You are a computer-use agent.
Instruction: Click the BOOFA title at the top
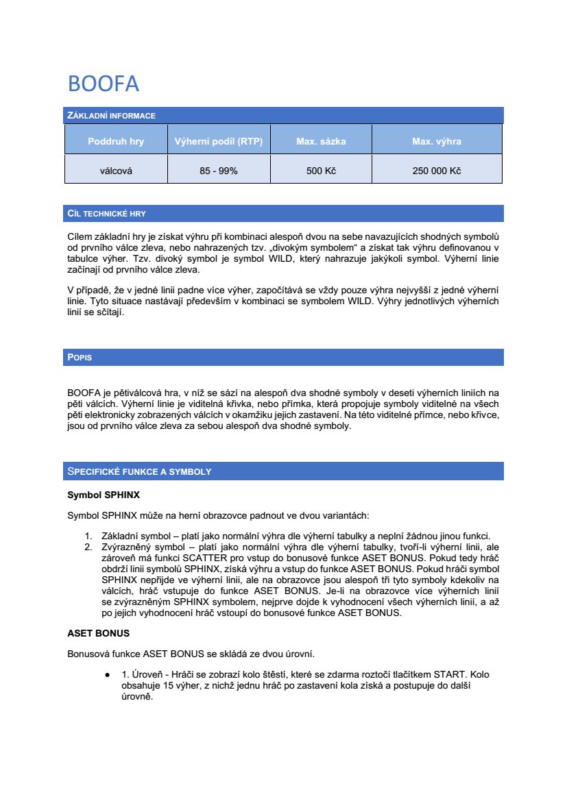[104, 84]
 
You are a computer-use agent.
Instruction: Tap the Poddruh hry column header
[116, 142]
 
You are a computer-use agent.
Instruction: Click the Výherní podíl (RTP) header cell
[219, 142]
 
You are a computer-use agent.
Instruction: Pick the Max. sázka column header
[321, 142]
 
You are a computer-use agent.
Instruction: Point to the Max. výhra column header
[437, 142]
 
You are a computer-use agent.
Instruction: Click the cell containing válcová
[116, 171]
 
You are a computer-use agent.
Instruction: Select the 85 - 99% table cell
[219, 171]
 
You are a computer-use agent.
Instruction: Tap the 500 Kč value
[321, 171]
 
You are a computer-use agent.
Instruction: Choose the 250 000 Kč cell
[437, 171]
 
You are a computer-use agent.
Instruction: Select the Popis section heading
[80, 358]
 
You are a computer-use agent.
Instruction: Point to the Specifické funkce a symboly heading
[139, 471]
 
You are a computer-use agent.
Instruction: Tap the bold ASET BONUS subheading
[98, 633]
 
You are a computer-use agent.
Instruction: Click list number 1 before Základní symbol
[88, 535]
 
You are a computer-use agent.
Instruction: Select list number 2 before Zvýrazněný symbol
[88, 547]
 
